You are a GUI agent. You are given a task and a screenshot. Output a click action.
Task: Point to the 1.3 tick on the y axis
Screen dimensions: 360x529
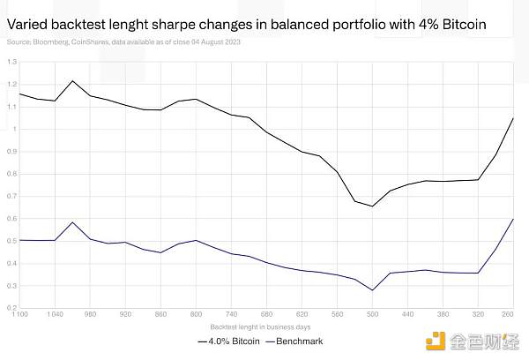[x=12, y=62]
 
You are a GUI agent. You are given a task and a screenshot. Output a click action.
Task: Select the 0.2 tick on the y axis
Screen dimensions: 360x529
[x=12, y=308]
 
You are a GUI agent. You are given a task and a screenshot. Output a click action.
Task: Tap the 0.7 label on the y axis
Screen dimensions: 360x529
[x=12, y=196]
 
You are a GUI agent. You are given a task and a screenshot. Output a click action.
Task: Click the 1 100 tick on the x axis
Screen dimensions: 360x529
[x=16, y=314]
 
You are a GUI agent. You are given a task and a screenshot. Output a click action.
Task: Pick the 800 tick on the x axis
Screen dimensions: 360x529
[x=196, y=314]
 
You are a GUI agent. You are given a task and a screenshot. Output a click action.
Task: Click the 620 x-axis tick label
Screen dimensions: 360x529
[x=302, y=314]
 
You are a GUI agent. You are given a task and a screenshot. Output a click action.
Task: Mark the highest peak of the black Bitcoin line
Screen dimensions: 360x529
[x=73, y=80]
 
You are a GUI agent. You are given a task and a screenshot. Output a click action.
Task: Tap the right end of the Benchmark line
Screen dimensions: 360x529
[x=514, y=218]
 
